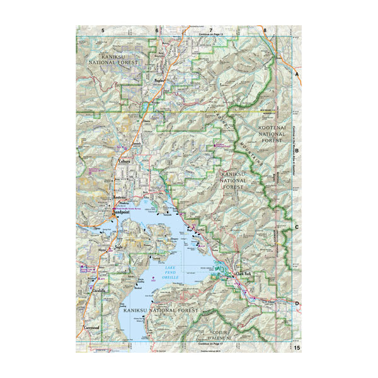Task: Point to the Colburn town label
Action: [x=123, y=161]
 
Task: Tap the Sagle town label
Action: [x=117, y=249]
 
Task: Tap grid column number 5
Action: [x=103, y=30]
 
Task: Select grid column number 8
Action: [x=265, y=30]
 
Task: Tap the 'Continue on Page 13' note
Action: [x=211, y=34]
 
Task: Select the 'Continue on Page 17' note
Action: [x=211, y=344]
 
